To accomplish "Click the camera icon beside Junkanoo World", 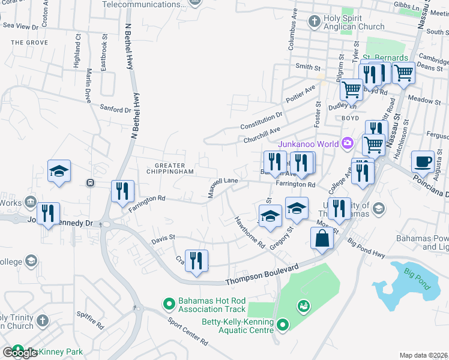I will coord(346,143).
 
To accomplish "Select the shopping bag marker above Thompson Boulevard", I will coord(322,239).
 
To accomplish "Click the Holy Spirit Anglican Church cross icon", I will coord(314,22).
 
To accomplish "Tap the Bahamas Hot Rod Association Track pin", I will coord(169,305).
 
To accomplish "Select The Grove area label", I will coord(29,43).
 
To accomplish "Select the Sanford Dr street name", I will coord(115,110).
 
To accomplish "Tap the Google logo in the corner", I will coord(20,353).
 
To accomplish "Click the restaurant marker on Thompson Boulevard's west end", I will coord(196,261).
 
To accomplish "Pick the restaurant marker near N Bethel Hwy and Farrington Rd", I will coord(122,192).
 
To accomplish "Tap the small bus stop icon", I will coord(90,182).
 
